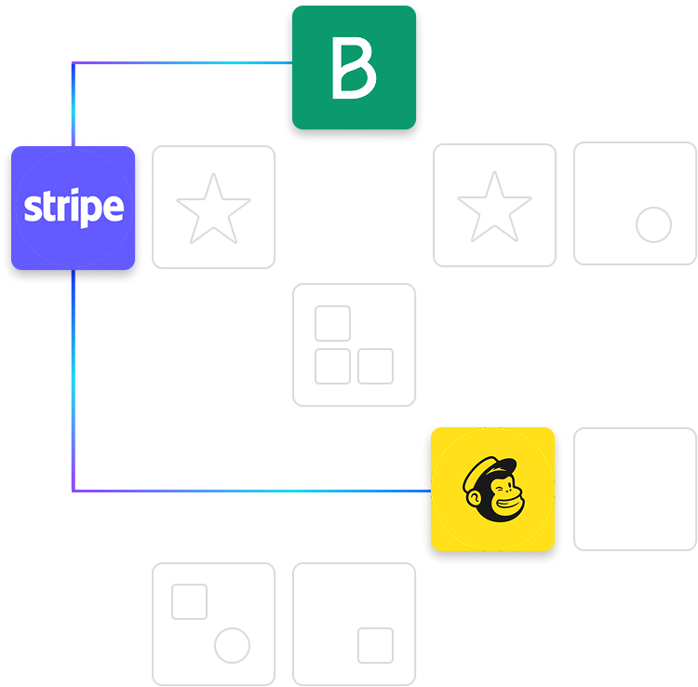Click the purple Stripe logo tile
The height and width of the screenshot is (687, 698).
coord(74,207)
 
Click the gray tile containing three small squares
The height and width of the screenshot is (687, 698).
coord(355,345)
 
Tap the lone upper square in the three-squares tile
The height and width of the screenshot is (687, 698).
coord(332,323)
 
